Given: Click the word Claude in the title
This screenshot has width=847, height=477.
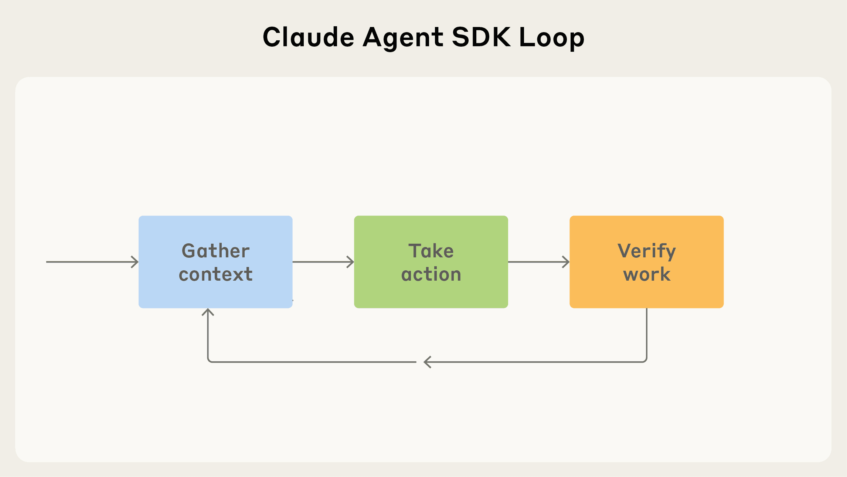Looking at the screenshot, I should pos(308,37).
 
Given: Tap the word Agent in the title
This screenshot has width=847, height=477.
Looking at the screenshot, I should pos(403,38).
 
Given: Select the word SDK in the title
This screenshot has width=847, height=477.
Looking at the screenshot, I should pos(481,37).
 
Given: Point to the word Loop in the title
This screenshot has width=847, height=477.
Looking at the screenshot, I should pos(552,38).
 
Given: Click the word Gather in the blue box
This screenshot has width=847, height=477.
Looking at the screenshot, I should pos(215,251).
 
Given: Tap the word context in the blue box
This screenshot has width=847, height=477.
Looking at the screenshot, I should pos(215,274).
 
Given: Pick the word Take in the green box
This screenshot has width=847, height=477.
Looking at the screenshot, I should pos(431,251).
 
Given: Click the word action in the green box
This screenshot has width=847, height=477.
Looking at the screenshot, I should pos(431,274).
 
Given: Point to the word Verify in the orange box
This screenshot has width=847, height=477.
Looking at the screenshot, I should pos(646,251).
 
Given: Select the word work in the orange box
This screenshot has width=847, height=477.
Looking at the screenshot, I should pos(646,274).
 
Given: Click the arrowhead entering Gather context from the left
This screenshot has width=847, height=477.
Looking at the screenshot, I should pos(136,262).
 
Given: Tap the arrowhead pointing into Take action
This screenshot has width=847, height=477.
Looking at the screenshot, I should pos(351,262).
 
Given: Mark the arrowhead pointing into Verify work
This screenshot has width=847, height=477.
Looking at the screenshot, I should pos(567,262).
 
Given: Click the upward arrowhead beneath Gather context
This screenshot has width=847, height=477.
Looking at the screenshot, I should pos(208,311).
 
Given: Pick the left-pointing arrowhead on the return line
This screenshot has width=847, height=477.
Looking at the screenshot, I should pos(427,362).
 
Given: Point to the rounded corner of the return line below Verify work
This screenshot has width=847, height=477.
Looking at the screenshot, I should pos(645,360).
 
